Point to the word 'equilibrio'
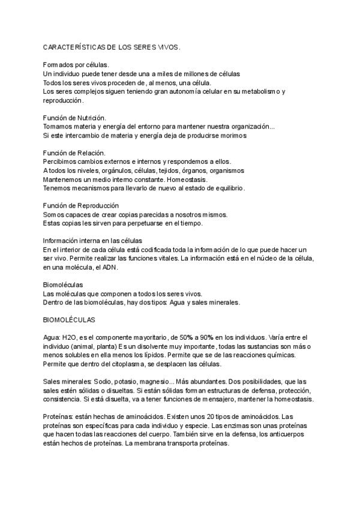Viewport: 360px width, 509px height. [x=227, y=188]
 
